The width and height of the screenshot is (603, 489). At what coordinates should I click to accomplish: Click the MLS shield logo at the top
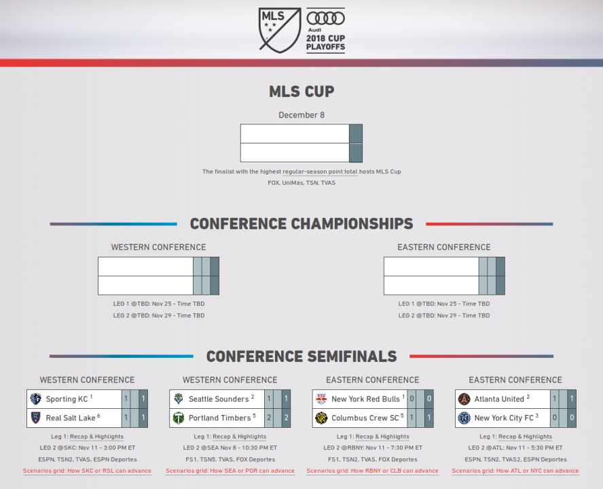(279, 30)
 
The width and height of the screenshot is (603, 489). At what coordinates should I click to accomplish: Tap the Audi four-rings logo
(325, 18)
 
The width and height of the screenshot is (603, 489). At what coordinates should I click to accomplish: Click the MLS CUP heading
(301, 92)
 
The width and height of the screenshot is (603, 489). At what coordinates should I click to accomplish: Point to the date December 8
(301, 115)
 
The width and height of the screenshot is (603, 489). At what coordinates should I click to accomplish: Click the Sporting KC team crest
(36, 399)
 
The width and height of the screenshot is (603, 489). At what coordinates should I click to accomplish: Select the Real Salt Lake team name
(71, 418)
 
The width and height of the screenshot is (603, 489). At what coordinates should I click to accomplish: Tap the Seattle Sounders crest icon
(179, 399)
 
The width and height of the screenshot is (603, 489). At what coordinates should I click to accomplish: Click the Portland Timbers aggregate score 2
(286, 418)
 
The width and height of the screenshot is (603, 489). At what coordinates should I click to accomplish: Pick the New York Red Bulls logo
(321, 399)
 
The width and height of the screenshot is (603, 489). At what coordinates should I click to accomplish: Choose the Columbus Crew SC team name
(365, 418)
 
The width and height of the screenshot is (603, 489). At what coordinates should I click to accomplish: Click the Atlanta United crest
(464, 399)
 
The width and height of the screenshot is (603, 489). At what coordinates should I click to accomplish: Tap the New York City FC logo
(464, 418)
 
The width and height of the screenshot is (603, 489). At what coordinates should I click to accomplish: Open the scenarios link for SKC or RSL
(87, 471)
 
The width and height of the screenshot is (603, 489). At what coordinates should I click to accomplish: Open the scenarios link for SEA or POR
(230, 471)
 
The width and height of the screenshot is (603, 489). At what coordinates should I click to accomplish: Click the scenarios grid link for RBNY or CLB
(372, 471)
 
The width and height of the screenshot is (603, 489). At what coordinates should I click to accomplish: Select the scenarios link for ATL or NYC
(515, 471)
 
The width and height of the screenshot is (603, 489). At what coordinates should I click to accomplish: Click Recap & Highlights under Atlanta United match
(526, 437)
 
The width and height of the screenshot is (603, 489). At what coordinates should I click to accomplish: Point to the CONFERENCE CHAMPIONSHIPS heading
(301, 224)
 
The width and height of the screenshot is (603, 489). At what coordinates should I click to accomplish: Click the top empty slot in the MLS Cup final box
(295, 134)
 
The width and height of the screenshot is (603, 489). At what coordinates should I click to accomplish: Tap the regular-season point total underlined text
(320, 172)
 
